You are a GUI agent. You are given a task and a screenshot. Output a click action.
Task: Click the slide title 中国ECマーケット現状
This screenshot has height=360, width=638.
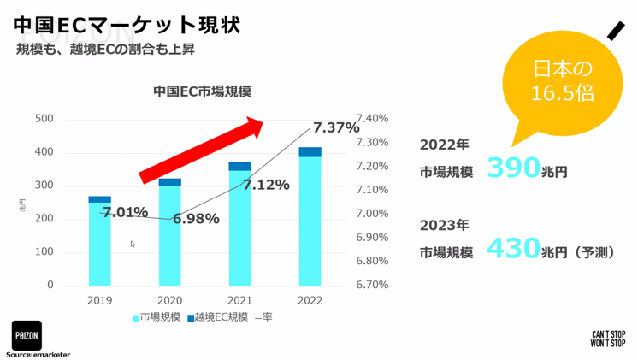127,23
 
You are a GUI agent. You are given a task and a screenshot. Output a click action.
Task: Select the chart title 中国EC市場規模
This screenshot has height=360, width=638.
202,91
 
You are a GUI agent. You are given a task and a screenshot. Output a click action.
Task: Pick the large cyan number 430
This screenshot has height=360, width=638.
513,249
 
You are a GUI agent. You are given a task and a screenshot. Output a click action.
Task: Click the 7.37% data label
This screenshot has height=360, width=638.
336,127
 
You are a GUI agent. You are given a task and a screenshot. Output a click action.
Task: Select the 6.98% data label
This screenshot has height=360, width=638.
196,219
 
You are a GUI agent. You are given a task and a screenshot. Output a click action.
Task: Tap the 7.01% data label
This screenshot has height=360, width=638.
125,212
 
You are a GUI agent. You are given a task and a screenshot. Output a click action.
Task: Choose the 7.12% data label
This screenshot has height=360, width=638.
266,184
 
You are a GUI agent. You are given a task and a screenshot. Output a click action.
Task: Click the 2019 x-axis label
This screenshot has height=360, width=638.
100,300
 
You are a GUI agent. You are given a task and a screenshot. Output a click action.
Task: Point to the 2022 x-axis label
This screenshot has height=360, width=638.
310,300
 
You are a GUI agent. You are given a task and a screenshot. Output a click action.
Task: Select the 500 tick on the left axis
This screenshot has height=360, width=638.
44,119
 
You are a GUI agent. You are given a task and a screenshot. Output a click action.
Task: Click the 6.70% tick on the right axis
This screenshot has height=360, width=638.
372,285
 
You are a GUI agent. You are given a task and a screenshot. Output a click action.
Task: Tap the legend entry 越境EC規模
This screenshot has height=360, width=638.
219,317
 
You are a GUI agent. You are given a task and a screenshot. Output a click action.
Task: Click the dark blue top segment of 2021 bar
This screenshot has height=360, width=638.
240,166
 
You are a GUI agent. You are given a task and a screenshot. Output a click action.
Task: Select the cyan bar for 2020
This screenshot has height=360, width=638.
170,235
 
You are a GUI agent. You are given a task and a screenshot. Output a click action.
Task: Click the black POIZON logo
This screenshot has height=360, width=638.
27,335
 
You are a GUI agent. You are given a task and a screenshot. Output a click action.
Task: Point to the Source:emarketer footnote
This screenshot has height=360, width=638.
38,354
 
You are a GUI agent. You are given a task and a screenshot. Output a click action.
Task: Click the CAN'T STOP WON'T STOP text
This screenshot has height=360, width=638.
608,339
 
